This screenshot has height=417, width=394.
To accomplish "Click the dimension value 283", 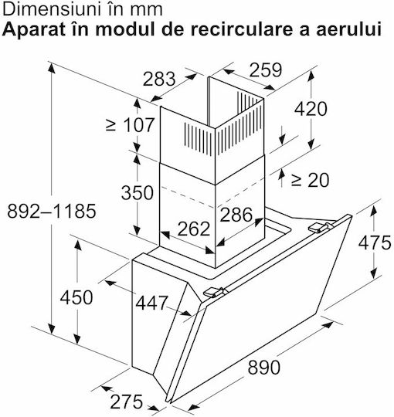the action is (159, 79).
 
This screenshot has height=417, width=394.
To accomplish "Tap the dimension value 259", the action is (266, 70).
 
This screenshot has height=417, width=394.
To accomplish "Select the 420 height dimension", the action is (311, 109).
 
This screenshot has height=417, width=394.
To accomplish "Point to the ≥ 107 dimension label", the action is (130, 125).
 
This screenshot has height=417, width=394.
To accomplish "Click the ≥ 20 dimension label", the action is (310, 180).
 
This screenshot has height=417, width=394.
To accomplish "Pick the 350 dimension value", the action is (138, 192).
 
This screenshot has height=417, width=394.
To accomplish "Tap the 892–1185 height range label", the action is (52, 211).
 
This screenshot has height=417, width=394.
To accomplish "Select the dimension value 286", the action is (236, 215).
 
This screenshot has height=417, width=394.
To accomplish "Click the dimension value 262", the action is (194, 229).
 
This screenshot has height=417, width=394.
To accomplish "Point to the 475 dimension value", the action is (375, 242).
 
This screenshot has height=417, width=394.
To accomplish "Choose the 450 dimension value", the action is (76, 297).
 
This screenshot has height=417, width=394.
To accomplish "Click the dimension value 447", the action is (151, 303).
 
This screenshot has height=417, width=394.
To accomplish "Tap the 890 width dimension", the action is (264, 368).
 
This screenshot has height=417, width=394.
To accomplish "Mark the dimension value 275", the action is (127, 402).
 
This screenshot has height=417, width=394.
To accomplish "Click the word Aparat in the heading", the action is (33, 30).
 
